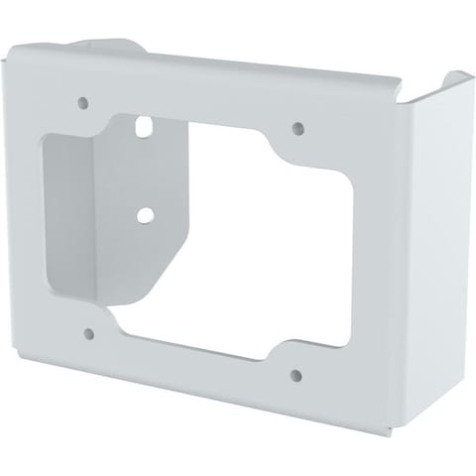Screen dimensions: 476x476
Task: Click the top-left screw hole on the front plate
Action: coord(82,101)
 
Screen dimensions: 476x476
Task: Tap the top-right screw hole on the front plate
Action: coord(297,127)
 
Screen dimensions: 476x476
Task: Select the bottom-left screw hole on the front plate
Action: coord(90,334)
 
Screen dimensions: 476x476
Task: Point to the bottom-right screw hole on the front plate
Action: coord(297,375)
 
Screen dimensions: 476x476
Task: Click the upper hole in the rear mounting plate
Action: coord(145,126)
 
